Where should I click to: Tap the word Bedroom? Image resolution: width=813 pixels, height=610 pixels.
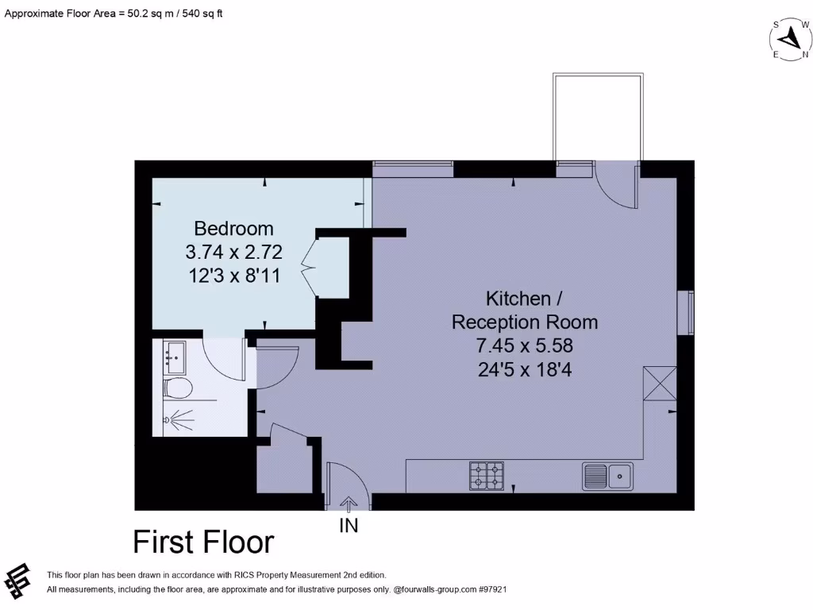(x=233, y=229)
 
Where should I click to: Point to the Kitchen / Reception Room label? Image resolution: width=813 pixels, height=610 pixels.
(x=524, y=311)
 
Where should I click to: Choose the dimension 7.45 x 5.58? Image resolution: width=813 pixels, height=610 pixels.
(x=524, y=346)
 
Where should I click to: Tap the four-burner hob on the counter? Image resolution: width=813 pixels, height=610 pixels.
(x=487, y=475)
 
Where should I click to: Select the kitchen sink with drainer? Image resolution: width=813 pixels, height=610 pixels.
(x=607, y=476)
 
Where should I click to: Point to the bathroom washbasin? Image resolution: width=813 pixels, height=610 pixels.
(x=173, y=357)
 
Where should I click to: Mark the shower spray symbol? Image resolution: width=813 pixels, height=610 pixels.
(x=179, y=417)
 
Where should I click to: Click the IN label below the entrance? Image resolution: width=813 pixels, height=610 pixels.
(x=349, y=526)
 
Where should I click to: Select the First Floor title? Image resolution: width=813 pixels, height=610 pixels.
(x=203, y=542)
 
